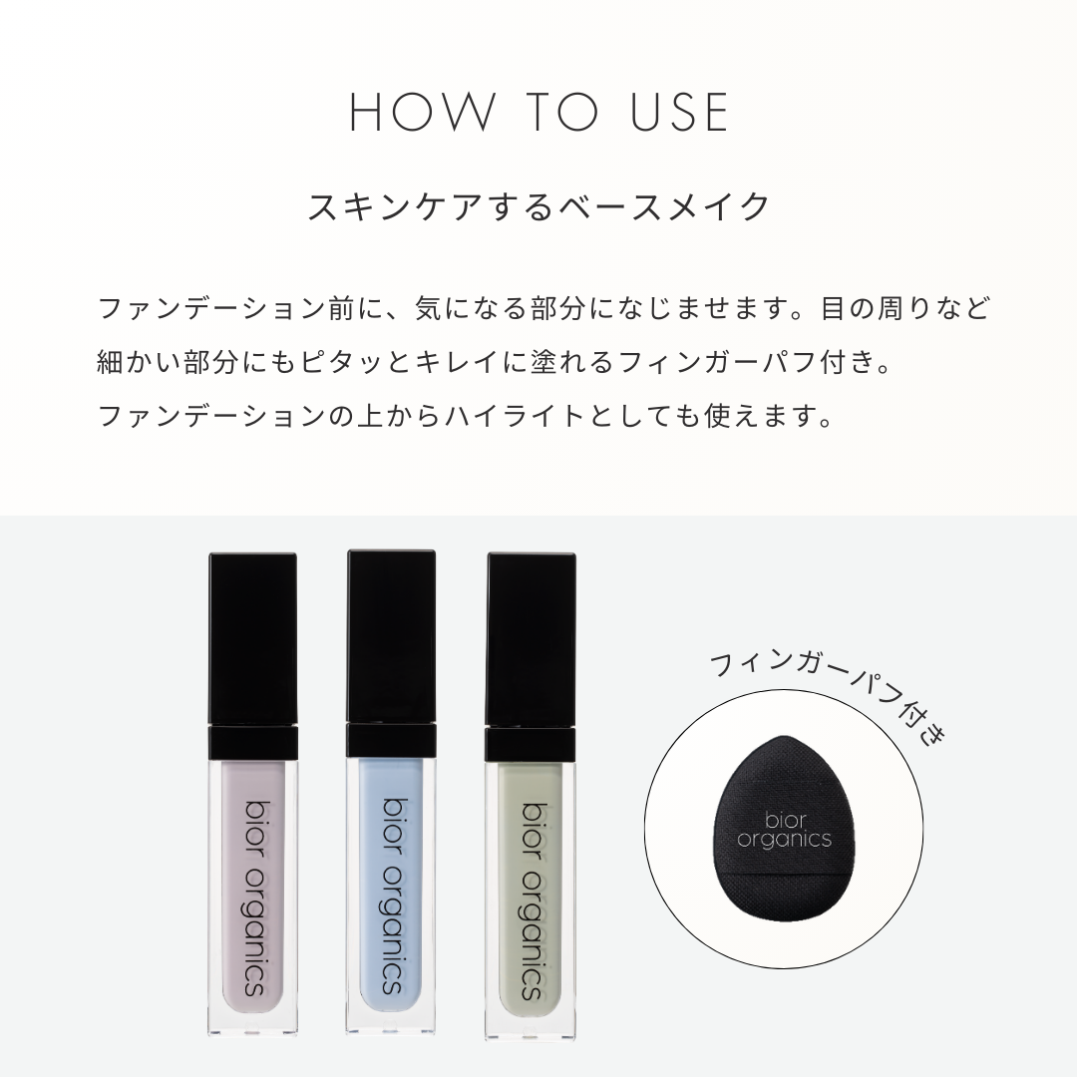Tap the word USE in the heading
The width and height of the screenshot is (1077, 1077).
[x=680, y=112]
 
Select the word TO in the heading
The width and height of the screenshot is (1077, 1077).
[x=563, y=112]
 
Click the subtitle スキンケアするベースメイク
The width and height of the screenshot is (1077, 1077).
[x=539, y=206]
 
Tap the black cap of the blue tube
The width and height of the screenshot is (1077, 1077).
[x=392, y=635]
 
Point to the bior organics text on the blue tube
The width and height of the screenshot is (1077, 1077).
[x=392, y=896]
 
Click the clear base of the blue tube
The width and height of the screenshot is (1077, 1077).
[x=392, y=1016]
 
